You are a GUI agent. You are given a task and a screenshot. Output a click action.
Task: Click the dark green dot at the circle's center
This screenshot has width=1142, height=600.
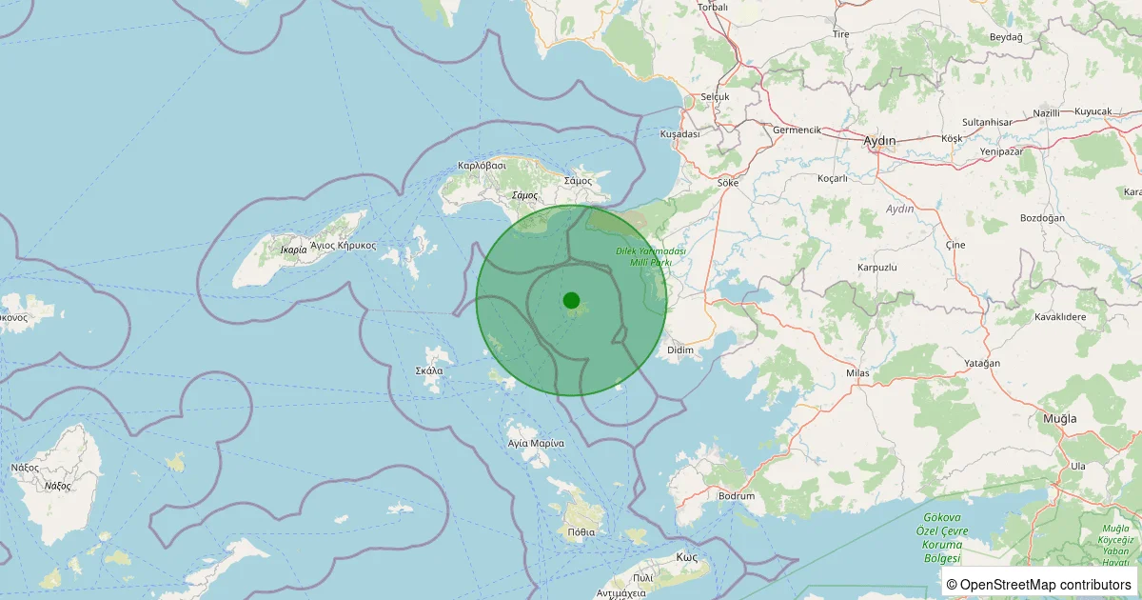tap(571, 300)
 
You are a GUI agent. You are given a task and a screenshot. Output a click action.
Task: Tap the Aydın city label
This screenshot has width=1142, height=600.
tap(879, 141)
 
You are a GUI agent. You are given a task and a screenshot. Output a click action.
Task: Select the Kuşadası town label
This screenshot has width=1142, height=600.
tap(679, 134)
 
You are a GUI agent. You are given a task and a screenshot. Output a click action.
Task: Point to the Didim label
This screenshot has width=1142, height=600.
tap(680, 350)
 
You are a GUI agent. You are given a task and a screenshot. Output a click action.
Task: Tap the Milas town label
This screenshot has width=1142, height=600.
tap(857, 373)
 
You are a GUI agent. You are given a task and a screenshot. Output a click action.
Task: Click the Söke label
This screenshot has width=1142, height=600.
tap(728, 182)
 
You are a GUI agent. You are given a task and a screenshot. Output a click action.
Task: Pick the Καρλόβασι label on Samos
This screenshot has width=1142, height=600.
tap(482, 165)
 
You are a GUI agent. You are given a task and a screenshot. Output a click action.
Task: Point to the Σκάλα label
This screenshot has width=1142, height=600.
tap(429, 370)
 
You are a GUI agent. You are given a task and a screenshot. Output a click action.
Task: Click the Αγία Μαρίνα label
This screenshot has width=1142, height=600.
tap(537, 444)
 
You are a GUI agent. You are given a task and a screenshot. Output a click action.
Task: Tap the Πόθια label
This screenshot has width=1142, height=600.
tap(581, 532)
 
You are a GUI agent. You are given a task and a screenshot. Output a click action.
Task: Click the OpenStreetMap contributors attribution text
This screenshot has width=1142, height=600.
tap(1039, 584)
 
